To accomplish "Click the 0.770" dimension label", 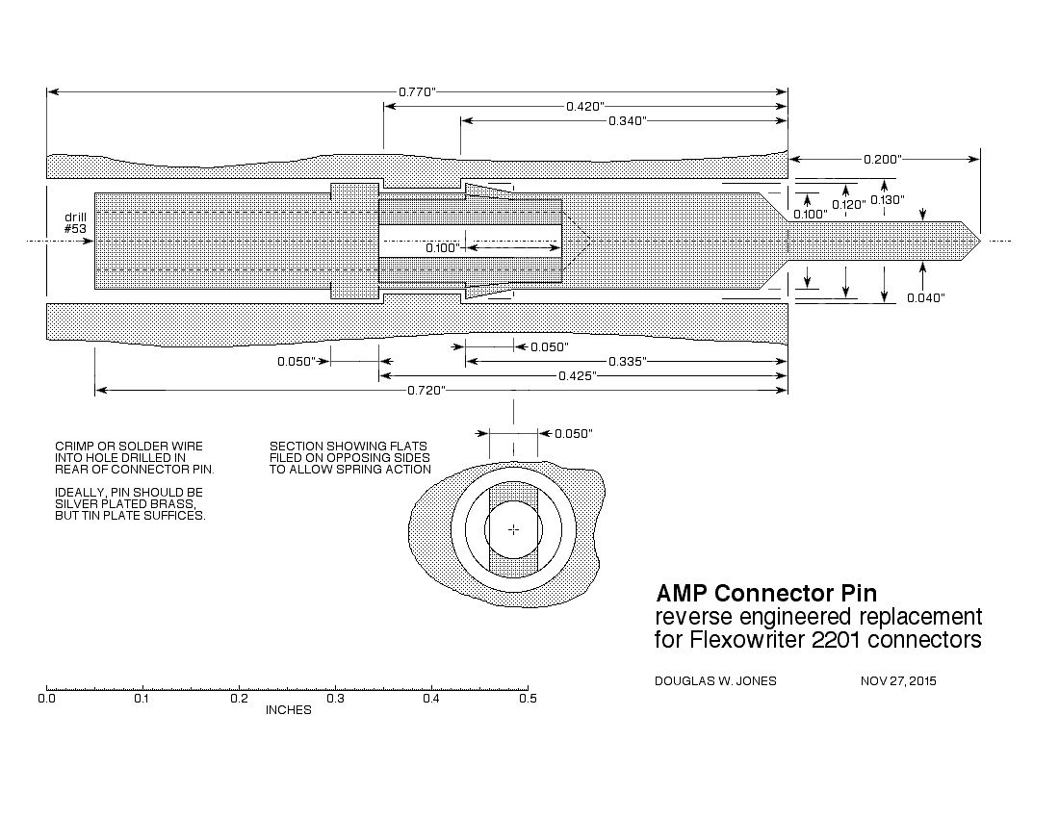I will [418, 91].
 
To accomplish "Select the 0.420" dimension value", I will [585, 106].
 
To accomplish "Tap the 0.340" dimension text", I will [627, 120].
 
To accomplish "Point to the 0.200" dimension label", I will [882, 159].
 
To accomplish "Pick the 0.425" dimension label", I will [578, 375].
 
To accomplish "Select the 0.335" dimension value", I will [627, 361].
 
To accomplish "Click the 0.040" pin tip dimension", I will [926, 298].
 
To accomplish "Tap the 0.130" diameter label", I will [887, 200].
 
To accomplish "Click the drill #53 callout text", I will [75, 222].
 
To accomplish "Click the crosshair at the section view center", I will [513, 529].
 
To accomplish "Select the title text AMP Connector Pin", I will [765, 592].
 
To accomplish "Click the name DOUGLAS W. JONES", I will [715, 681].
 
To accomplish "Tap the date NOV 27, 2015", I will [897, 681].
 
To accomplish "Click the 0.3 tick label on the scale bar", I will [335, 700].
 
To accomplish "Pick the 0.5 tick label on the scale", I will [528, 700].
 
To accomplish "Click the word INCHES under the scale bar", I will [288, 710].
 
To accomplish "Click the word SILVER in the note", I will [75, 504].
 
